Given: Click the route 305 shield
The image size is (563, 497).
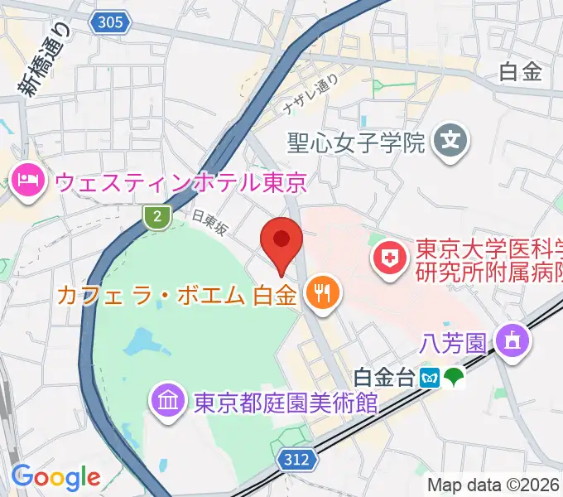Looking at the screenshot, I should click(x=110, y=22).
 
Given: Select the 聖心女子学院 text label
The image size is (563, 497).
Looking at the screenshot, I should click(x=356, y=142).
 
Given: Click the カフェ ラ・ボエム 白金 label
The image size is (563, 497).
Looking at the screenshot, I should click(x=177, y=294).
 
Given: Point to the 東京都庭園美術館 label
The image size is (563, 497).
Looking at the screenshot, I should click(x=286, y=403).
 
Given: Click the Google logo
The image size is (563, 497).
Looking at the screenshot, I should click(x=55, y=477).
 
